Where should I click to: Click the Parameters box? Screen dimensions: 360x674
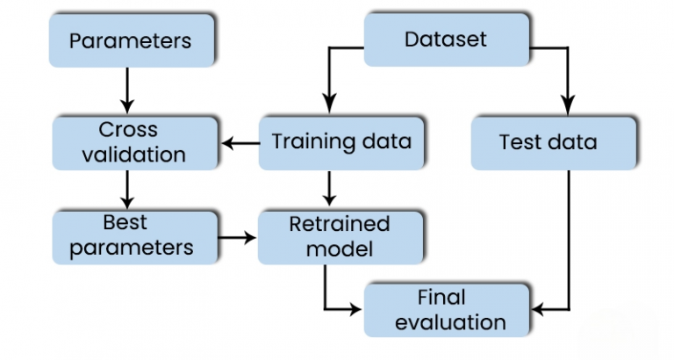(x=130, y=40)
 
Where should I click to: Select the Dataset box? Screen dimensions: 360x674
(x=446, y=40)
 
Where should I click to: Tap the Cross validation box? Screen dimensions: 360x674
(x=134, y=142)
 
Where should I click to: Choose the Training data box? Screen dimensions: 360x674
(x=341, y=142)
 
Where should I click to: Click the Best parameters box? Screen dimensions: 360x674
(x=134, y=235)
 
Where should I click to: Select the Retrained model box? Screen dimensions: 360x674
(x=341, y=235)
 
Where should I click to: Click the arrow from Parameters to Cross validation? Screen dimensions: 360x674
(x=128, y=89)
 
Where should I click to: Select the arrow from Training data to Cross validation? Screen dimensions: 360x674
(x=239, y=142)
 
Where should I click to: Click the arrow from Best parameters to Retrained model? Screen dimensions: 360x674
(x=237, y=236)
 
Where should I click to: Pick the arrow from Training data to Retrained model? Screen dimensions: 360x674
(x=327, y=188)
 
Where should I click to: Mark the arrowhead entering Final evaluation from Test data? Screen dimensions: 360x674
(x=541, y=308)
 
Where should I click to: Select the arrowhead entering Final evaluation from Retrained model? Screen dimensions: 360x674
(x=356, y=308)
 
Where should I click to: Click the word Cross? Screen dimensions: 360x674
(x=128, y=130)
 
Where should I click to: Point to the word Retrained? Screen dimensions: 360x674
(x=340, y=223)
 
